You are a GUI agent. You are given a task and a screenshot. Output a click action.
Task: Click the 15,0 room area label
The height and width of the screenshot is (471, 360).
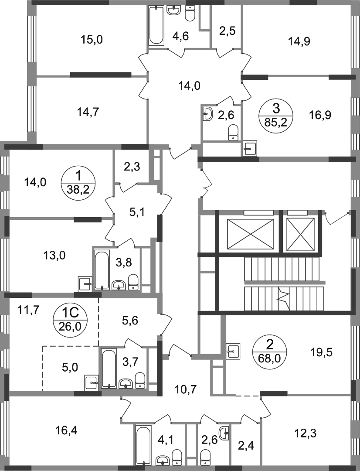click(92, 39)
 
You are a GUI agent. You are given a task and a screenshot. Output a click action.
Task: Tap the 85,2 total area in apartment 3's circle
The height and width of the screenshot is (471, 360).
click(275, 123)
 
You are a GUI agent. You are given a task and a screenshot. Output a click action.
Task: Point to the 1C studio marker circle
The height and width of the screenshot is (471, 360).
click(70, 320)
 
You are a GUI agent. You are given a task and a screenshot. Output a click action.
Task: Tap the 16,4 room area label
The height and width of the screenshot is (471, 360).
click(66, 431)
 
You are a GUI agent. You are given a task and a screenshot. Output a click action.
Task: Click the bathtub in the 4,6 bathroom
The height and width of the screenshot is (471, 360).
click(156, 26)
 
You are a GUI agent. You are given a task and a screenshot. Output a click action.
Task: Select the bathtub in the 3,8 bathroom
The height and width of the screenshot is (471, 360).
click(102, 270)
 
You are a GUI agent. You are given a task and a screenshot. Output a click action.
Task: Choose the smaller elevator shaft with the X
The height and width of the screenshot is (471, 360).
click(301, 234)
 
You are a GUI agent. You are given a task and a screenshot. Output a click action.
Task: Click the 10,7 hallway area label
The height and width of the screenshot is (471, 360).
click(186, 389)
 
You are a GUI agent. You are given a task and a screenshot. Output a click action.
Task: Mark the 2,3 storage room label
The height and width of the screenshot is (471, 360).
click(132, 166)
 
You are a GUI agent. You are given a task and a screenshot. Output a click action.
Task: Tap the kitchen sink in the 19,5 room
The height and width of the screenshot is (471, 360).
click(233, 350)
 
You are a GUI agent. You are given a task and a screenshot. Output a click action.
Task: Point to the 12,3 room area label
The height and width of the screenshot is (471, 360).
click(306, 433)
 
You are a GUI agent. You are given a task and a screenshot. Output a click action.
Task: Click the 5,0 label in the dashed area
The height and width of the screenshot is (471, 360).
click(70, 367)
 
